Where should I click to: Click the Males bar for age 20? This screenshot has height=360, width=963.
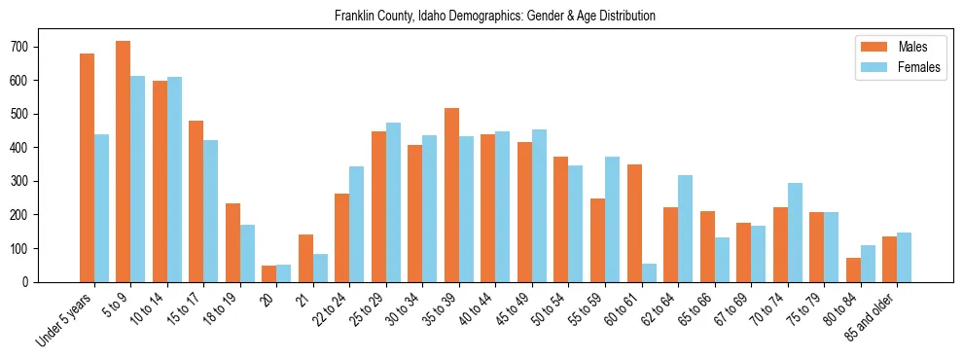(x=269, y=273)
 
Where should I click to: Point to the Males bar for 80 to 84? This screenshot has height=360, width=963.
(x=853, y=270)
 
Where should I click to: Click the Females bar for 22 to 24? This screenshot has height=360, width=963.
(x=357, y=224)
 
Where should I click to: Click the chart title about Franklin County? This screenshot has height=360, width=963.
(x=495, y=17)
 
